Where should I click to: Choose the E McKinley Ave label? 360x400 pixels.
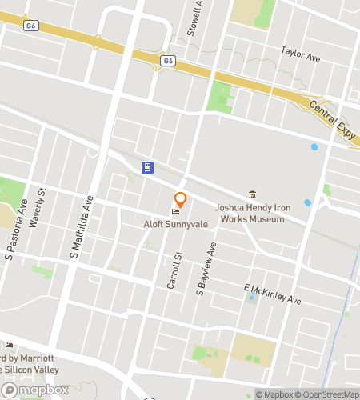pos(272,294)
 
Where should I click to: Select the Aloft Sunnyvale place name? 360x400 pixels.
pos(175,225)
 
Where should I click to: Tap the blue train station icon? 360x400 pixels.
pos(148,167)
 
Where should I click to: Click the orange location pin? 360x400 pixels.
pos(181,199)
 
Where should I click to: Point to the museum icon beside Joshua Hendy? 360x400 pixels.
pos(253,195)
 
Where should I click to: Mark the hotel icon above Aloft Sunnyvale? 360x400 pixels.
pos(175,211)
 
